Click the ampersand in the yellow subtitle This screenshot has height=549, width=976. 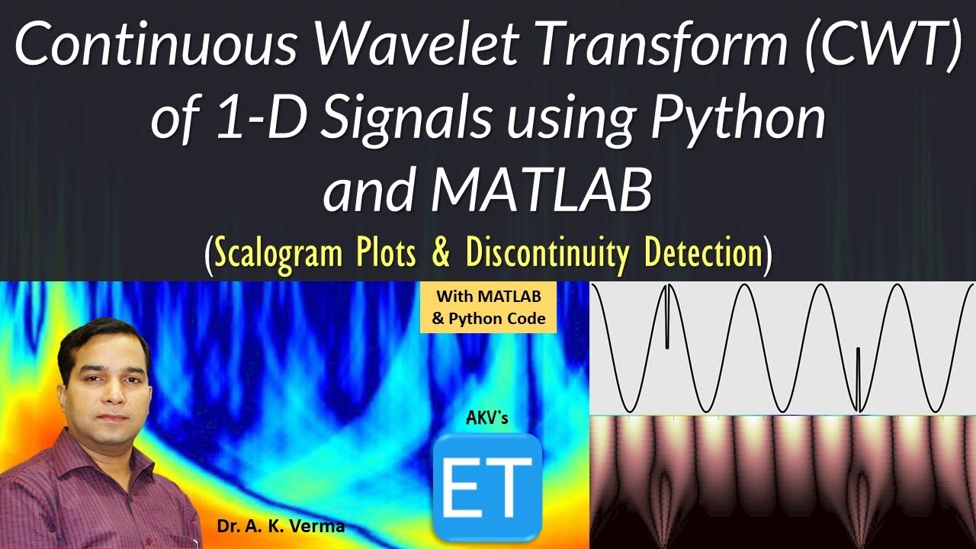pos(440,253)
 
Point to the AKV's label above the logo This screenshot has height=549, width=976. pos(486,418)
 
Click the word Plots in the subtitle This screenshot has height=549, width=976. pos(383,253)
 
